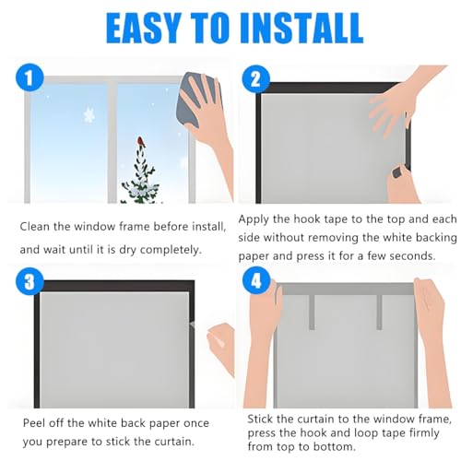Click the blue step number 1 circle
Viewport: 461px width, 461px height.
[30, 77]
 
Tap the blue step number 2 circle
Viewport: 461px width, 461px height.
[255, 79]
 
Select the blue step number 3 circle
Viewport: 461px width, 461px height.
[30, 281]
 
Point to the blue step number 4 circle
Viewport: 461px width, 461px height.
[256, 281]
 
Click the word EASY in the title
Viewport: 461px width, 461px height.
[143, 28]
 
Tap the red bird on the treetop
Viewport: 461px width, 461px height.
[141, 141]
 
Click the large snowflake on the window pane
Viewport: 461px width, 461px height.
[89, 115]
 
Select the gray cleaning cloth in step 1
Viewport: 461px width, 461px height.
[195, 99]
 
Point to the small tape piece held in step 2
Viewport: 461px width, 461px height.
[399, 172]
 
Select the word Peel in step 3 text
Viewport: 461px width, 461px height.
[34, 423]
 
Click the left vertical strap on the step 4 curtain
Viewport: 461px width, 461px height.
[312, 313]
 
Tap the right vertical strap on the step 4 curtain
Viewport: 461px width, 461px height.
[379, 313]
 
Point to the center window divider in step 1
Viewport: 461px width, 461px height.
[112, 141]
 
